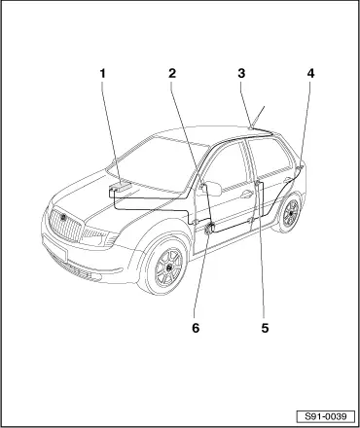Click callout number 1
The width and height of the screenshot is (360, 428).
click(x=102, y=74)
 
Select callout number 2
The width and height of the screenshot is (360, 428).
click(x=172, y=74)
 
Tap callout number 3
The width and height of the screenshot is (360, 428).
click(x=241, y=74)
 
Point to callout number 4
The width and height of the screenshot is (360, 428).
click(x=310, y=74)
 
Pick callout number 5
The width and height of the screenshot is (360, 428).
click(x=265, y=328)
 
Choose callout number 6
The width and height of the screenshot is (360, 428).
click(x=196, y=328)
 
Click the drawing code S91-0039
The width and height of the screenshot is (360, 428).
click(x=326, y=416)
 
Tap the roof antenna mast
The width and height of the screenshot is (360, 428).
click(x=259, y=116)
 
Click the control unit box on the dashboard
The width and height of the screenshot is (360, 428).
click(x=120, y=188)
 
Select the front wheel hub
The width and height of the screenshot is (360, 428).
click(x=169, y=267)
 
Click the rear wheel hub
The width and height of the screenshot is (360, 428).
click(x=291, y=214)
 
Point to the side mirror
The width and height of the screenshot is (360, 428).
click(x=212, y=189)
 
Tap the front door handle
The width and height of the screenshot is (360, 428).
click(x=246, y=195)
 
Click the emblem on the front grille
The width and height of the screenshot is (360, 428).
click(x=63, y=217)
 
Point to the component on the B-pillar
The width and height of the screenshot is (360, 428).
click(x=258, y=184)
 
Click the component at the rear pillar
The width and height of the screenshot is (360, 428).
click(x=300, y=167)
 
